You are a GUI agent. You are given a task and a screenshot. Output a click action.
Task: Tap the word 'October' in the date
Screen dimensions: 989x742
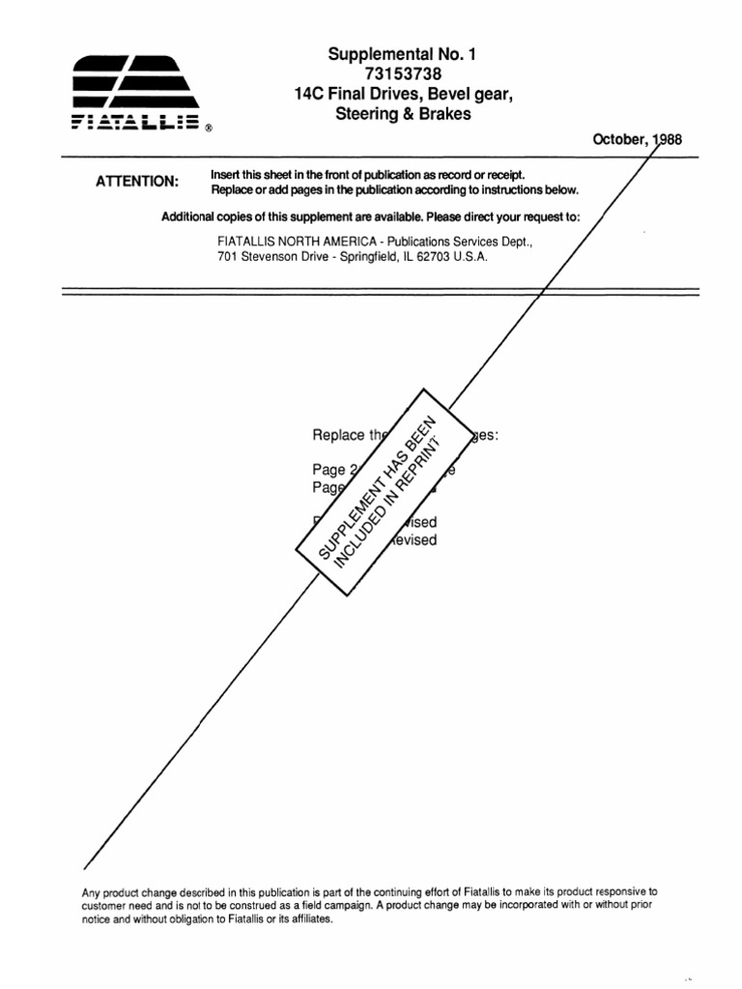619,140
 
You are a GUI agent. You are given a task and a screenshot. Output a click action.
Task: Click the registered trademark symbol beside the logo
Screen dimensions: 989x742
210,127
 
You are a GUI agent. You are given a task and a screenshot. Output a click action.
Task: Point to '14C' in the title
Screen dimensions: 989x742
310,96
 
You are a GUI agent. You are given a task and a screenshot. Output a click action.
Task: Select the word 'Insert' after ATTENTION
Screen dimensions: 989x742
226,174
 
